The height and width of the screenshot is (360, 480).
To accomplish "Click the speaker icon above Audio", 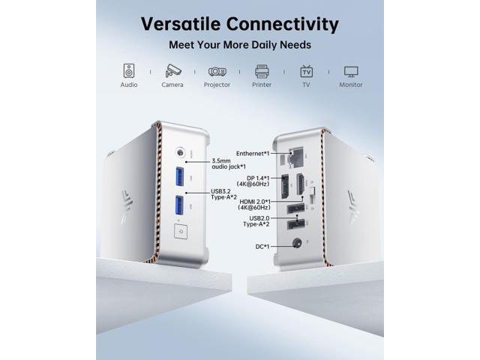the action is [129, 70].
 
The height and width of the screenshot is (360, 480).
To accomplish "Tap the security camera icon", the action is [173, 70].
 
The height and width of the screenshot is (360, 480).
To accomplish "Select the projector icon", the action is [217, 71].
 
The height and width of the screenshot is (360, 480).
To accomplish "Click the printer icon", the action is [262, 71].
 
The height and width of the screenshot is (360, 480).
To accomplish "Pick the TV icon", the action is [307, 71].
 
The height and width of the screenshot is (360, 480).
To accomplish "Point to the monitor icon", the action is [351, 71].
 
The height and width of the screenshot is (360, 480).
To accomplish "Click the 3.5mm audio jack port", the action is [180, 152].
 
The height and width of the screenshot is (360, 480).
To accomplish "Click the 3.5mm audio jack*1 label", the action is [229, 163].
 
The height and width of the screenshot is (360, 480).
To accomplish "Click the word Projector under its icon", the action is [217, 85].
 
